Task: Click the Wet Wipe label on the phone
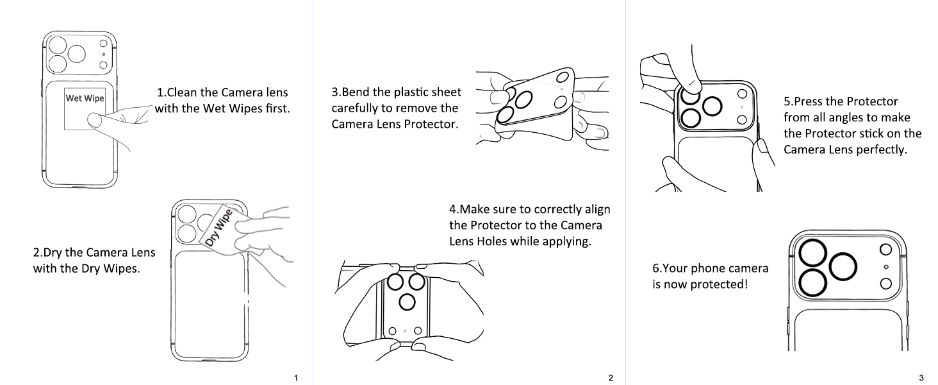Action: tap(85, 98)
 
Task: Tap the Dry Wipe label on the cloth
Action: tap(218, 228)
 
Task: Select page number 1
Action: tap(296, 378)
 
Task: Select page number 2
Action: tap(611, 378)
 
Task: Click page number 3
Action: tap(921, 378)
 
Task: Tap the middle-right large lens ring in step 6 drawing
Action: tap(843, 267)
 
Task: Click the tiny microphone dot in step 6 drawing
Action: tap(885, 267)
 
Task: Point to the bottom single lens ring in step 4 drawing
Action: tap(407, 302)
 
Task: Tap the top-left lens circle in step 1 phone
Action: tap(58, 46)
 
